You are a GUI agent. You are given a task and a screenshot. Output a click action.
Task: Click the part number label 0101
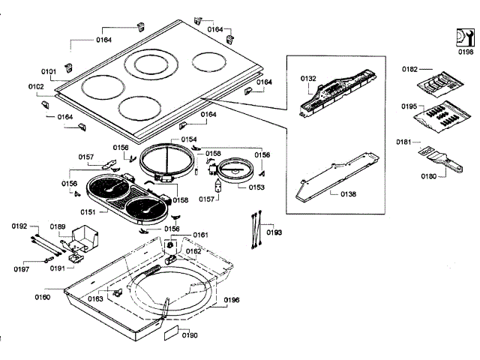tap(49, 72)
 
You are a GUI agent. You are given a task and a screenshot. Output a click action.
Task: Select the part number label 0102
tap(37, 87)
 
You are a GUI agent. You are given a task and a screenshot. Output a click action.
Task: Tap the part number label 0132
tap(309, 78)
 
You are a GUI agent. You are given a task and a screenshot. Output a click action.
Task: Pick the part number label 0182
tap(409, 69)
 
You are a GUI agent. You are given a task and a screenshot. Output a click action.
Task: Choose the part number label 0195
tap(409, 106)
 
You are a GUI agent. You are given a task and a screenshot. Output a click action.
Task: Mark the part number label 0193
tap(274, 232)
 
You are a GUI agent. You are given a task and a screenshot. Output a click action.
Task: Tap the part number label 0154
tap(189, 139)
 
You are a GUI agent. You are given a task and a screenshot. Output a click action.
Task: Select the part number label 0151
tap(88, 212)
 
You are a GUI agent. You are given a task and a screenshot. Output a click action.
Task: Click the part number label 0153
tap(256, 187)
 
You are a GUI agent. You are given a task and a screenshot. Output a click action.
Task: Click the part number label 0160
tap(42, 298)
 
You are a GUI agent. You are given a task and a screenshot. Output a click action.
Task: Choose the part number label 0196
tap(231, 301)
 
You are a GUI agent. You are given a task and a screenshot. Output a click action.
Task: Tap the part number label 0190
tap(190, 335)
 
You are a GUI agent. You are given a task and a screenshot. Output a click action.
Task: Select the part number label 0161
tap(200, 235)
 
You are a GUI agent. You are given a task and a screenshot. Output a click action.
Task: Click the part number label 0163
tap(95, 299)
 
